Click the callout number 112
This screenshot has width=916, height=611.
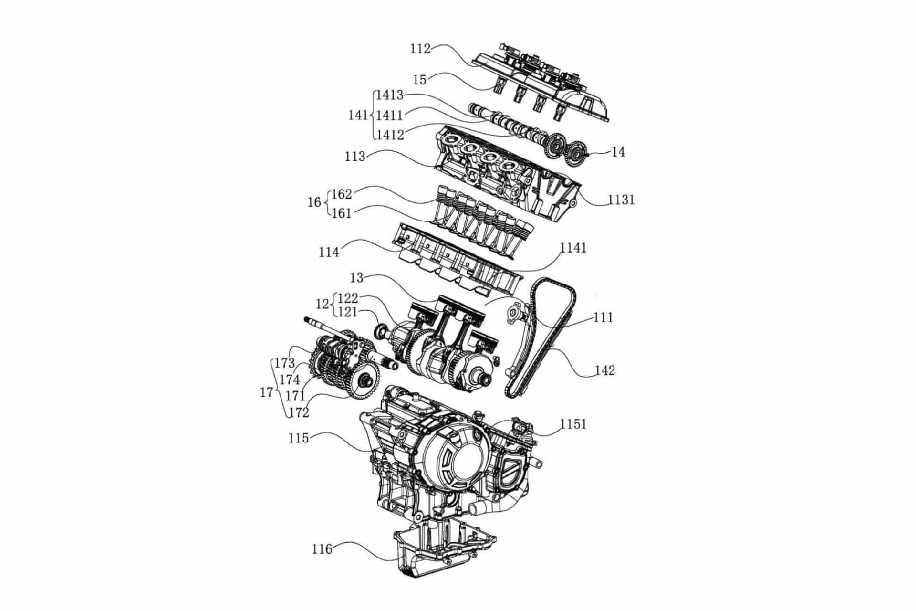coord(420,49)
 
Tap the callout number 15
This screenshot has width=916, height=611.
coord(419,80)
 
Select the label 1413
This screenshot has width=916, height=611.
coord(389,95)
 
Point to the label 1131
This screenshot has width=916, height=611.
coord(621,200)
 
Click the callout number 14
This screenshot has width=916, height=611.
coord(618,152)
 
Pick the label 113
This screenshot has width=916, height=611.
coord(355,157)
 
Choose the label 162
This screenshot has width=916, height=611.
coord(342,194)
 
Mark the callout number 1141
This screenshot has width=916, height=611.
coord(573,248)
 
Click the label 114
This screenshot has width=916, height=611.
coord(329,252)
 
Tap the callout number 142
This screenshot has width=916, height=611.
coord(605,370)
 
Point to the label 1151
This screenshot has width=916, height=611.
coord(573,424)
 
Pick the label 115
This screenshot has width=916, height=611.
coord(299,438)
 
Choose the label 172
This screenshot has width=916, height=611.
coord(299,412)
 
